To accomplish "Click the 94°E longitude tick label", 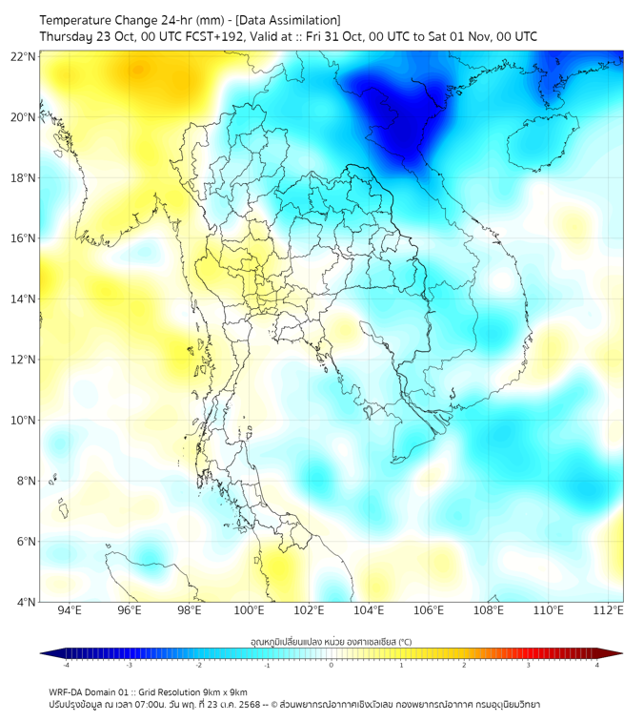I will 70,610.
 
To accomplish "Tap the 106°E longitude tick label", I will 429,610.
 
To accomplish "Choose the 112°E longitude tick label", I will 609,610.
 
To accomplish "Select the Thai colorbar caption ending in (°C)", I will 331,642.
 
